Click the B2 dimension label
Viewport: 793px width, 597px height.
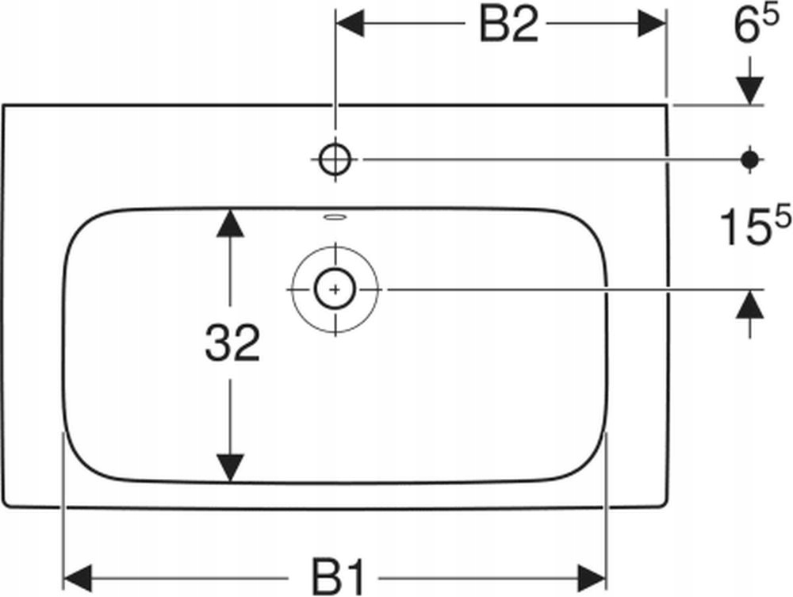pyautogui.click(x=508, y=27)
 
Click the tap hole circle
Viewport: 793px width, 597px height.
pyautogui.click(x=335, y=159)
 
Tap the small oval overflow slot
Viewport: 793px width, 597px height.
pyautogui.click(x=335, y=215)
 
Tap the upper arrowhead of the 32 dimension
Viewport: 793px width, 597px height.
pyautogui.click(x=230, y=223)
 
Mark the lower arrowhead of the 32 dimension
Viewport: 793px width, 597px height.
pyautogui.click(x=230, y=468)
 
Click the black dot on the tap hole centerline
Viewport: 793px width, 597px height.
pyautogui.click(x=749, y=159)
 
